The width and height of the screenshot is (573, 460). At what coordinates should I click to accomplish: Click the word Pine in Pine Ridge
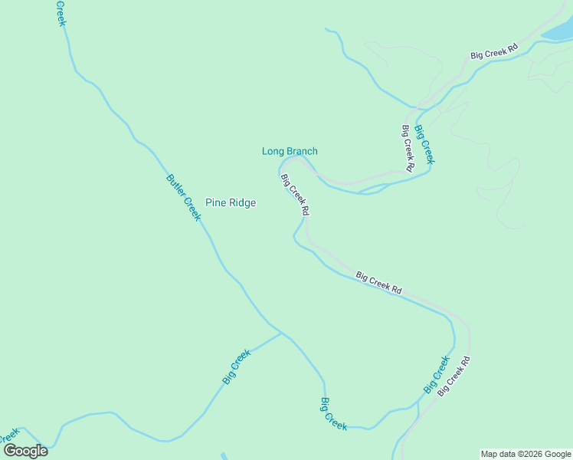[216, 203]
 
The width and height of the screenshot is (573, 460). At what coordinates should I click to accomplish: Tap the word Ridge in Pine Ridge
[241, 203]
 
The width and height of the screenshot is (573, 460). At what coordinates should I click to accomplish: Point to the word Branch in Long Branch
[302, 151]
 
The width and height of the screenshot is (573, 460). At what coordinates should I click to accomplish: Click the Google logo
[25, 451]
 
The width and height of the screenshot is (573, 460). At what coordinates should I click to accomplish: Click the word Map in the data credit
[490, 454]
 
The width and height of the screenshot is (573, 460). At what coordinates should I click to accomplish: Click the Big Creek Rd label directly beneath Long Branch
[295, 194]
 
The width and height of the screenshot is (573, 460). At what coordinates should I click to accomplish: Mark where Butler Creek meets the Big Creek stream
[282, 333]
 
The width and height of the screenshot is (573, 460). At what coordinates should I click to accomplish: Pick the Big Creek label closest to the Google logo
[237, 366]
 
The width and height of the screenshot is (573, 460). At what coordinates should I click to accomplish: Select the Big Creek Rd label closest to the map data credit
[454, 376]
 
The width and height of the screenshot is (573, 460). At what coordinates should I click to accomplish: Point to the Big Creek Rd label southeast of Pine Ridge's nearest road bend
[378, 283]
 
